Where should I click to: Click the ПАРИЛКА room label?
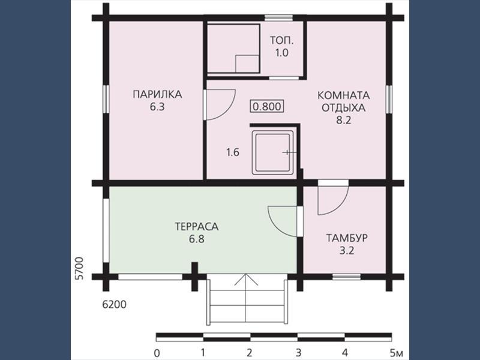157,94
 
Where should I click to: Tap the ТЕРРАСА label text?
197,227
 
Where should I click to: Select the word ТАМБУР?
347,238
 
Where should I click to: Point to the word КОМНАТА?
343,95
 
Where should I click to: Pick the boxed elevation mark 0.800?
267,107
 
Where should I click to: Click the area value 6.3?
157,107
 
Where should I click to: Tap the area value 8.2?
343,121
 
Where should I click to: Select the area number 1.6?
233,152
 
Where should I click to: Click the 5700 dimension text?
79,268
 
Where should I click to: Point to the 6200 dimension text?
114,305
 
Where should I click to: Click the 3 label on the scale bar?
298,353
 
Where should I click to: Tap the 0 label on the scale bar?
157,353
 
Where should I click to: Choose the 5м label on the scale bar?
397,353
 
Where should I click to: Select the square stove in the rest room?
274,152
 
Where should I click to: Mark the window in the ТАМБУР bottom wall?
347,277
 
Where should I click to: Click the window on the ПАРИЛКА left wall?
106,99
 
